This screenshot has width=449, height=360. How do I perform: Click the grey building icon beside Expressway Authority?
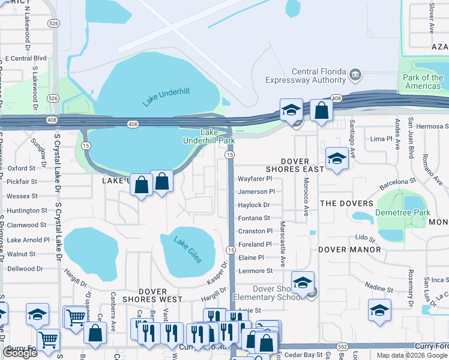[x=355, y=75]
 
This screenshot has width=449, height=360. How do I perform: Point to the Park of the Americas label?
[x=423, y=82]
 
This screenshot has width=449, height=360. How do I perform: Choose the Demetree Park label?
[x=403, y=212]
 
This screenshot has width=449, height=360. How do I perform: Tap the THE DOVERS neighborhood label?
[x=346, y=203]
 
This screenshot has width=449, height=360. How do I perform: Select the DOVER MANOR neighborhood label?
[x=346, y=248]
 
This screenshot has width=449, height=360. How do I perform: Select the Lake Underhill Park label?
[x=208, y=136]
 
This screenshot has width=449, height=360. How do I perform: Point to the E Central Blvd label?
[x=26, y=59]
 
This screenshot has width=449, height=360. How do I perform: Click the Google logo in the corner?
[x=20, y=353]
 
